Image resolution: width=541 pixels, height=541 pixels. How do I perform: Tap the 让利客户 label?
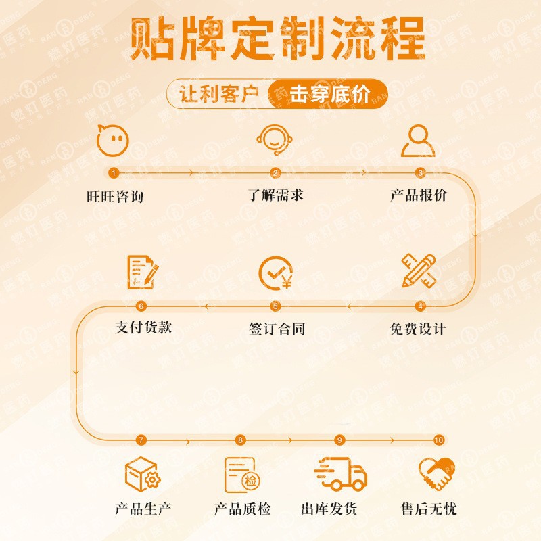point(220,94)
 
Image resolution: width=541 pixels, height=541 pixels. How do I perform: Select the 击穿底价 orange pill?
point(329,94)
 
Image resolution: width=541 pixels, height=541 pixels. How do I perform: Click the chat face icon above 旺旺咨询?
point(113,140)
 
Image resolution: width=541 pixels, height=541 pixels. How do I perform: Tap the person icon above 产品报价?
point(419,140)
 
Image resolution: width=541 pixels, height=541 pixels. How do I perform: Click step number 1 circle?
point(114,172)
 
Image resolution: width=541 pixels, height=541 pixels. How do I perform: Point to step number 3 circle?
point(420,172)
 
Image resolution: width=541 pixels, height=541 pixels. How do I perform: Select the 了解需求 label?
point(275,195)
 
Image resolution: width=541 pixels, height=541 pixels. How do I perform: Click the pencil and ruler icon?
point(418,270)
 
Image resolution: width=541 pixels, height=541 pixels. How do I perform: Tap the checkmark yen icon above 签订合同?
point(275,272)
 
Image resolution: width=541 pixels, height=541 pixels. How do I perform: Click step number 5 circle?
point(275,306)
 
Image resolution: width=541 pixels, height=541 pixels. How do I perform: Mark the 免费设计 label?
point(418,329)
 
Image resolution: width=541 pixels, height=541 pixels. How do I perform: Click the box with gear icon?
point(142,474)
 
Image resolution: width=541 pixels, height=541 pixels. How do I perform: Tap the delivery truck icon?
point(340,473)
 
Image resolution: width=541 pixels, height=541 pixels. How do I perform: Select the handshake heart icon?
point(436,474)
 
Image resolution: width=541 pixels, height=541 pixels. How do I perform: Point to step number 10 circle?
point(438,440)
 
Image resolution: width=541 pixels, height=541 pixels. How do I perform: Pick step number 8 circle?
point(240,440)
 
